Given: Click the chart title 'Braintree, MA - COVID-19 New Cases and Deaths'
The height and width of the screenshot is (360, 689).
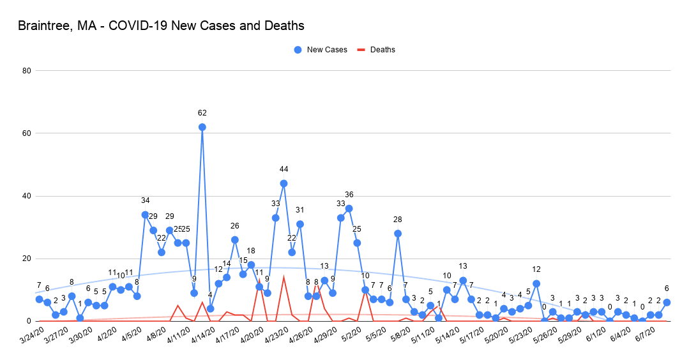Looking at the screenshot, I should [161, 26].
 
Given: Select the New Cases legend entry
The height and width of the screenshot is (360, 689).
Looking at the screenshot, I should [321, 50].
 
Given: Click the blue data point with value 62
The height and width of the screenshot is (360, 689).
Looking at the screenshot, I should [202, 127].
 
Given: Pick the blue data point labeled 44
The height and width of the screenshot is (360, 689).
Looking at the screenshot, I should [284, 183].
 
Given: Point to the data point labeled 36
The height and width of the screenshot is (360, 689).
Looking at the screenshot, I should [349, 209].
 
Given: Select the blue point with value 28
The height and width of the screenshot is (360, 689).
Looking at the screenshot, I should [398, 234].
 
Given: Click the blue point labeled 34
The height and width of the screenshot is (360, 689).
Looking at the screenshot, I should [145, 214].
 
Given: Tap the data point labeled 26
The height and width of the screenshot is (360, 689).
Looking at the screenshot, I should [235, 240].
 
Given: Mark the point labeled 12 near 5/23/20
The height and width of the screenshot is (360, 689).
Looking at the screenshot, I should [536, 283].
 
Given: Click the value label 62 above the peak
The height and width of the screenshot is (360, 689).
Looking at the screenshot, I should [202, 113].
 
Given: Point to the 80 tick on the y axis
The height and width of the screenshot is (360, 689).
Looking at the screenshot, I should [27, 71].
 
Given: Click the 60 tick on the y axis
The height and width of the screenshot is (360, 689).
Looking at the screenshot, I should [27, 133].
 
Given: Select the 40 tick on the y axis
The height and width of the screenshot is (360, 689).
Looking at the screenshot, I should [27, 196].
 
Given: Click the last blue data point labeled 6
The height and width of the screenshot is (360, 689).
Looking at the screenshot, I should [667, 303].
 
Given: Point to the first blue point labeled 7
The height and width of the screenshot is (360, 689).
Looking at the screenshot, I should [39, 299].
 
